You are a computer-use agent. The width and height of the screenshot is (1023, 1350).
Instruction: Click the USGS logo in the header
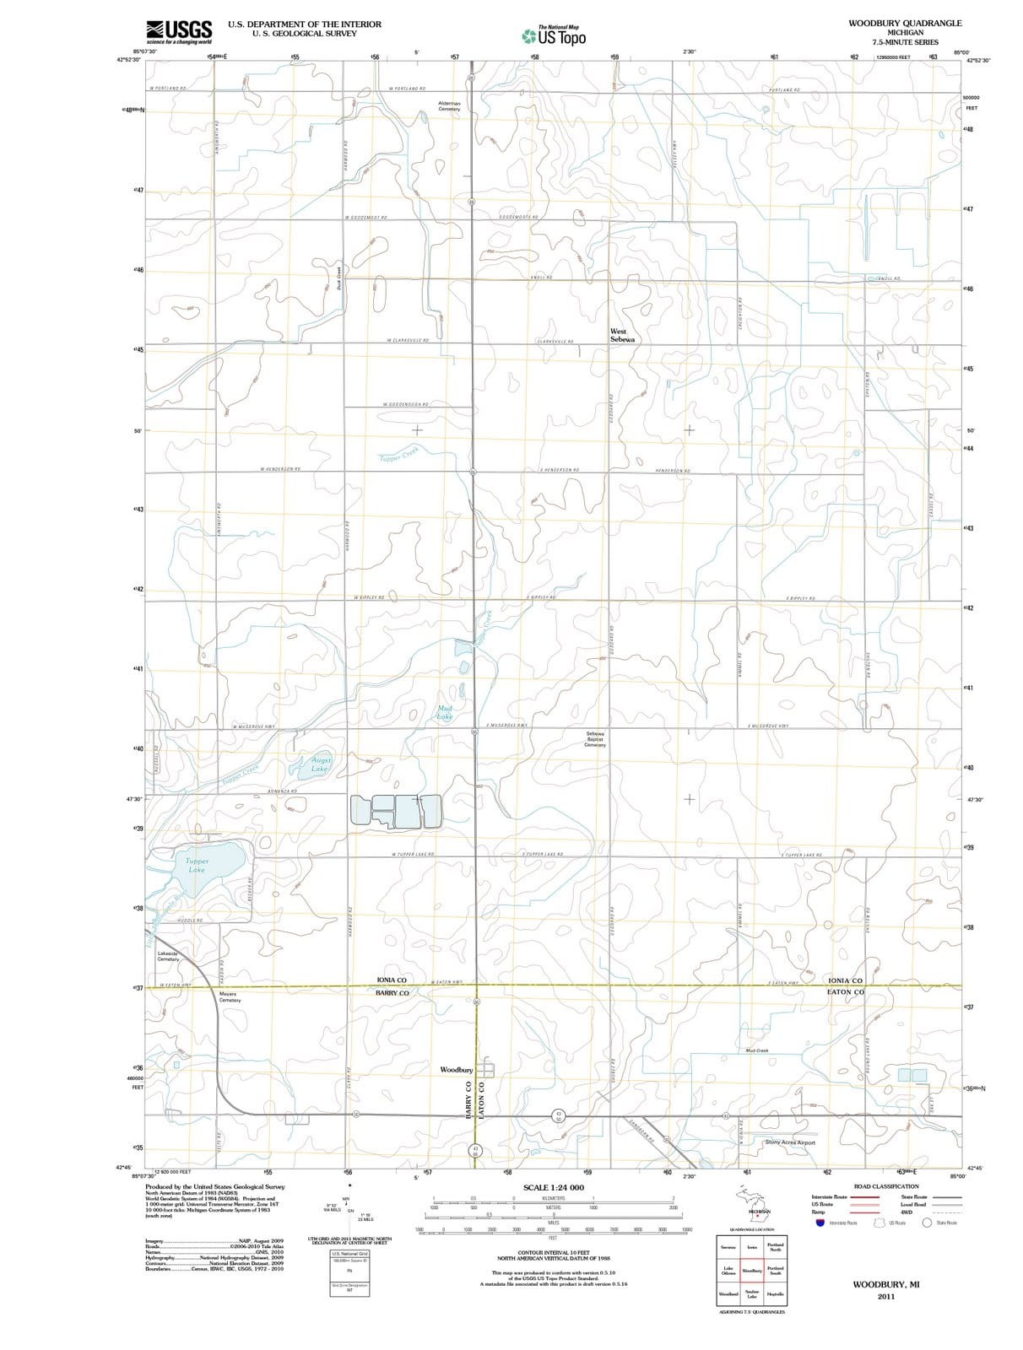click(x=178, y=31)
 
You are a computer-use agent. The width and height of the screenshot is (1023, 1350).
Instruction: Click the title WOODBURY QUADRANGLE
click(x=905, y=23)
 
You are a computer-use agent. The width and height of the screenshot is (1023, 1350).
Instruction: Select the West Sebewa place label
click(x=622, y=335)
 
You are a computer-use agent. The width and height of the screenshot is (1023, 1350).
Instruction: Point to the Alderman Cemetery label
click(x=449, y=105)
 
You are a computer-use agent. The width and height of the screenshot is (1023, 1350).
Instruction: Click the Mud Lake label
click(x=444, y=712)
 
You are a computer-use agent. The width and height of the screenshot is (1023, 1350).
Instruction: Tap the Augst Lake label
click(x=320, y=764)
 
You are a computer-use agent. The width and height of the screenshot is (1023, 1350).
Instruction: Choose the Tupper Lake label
click(x=196, y=865)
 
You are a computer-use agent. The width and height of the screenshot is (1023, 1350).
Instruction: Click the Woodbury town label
click(x=456, y=1070)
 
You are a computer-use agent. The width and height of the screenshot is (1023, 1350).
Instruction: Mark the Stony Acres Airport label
click(x=789, y=1142)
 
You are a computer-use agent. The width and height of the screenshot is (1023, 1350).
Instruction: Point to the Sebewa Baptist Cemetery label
click(x=595, y=739)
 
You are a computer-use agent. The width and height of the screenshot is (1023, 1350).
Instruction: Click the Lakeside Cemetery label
click(x=168, y=956)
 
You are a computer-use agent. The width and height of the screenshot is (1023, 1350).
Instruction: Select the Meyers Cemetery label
click(x=230, y=997)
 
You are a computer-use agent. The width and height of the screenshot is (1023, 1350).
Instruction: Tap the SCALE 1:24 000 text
click(x=553, y=1188)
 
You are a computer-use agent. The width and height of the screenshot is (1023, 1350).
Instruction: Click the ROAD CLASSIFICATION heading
click(x=885, y=1186)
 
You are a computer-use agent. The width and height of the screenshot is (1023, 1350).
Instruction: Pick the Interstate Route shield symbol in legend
click(x=819, y=1223)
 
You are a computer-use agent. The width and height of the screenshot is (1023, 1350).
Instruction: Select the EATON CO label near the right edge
click(x=845, y=992)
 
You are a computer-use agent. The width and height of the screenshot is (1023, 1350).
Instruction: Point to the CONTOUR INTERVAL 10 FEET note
click(x=553, y=1252)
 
